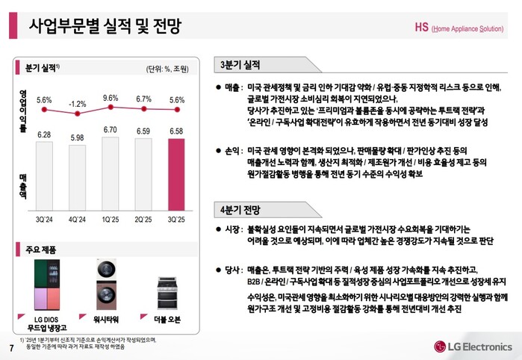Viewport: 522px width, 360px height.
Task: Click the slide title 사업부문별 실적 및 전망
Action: tap(104, 28)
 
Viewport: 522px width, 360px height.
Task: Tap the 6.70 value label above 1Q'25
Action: tap(111, 129)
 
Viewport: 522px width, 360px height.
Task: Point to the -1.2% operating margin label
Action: tap(78, 105)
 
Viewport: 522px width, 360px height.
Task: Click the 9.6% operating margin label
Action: tap(111, 98)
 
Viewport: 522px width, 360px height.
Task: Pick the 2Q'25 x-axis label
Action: tap(143, 220)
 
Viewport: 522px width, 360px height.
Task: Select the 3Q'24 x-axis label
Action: tap(45, 220)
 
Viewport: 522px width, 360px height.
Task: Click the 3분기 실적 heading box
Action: tap(240, 63)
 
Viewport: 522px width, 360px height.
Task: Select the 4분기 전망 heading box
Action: tap(240, 208)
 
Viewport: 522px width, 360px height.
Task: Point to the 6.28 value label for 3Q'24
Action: tap(45, 134)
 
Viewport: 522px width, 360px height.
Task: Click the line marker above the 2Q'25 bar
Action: tap(143, 111)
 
